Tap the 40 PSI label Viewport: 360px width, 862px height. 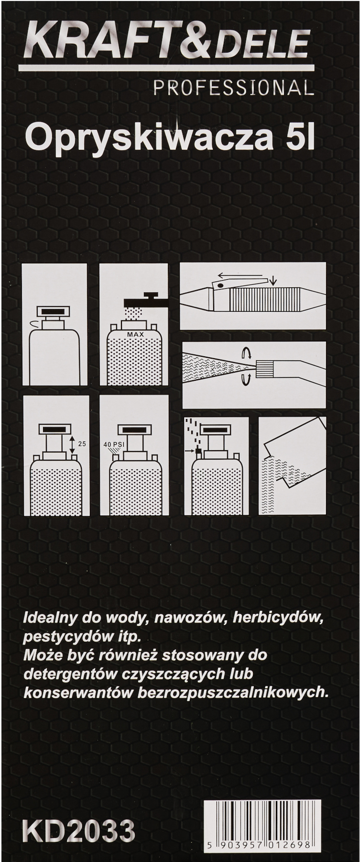(115, 444)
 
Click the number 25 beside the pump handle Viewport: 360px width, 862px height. (82, 444)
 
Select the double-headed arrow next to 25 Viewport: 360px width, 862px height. (72, 445)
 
